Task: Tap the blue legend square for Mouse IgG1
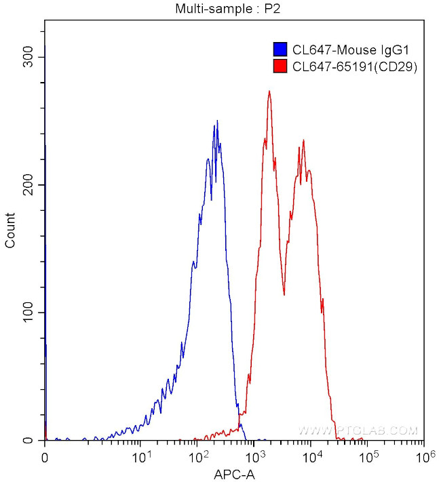279,49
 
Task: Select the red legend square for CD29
279,66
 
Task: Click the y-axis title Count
11,230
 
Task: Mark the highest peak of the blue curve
217,121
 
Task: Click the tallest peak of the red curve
269,92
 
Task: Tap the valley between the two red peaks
284,294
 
